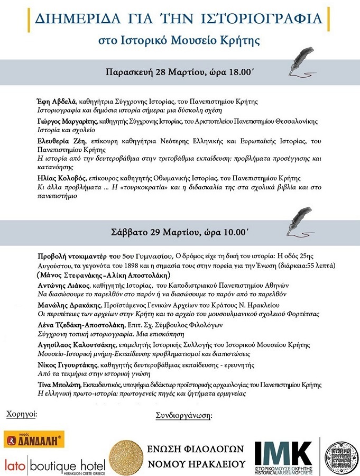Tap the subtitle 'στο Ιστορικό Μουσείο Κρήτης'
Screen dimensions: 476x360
[180, 40]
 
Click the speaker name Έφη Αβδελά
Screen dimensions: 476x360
[61, 102]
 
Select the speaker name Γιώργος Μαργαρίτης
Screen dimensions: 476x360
[68, 122]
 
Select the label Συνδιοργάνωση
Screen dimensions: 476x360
[183, 415]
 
